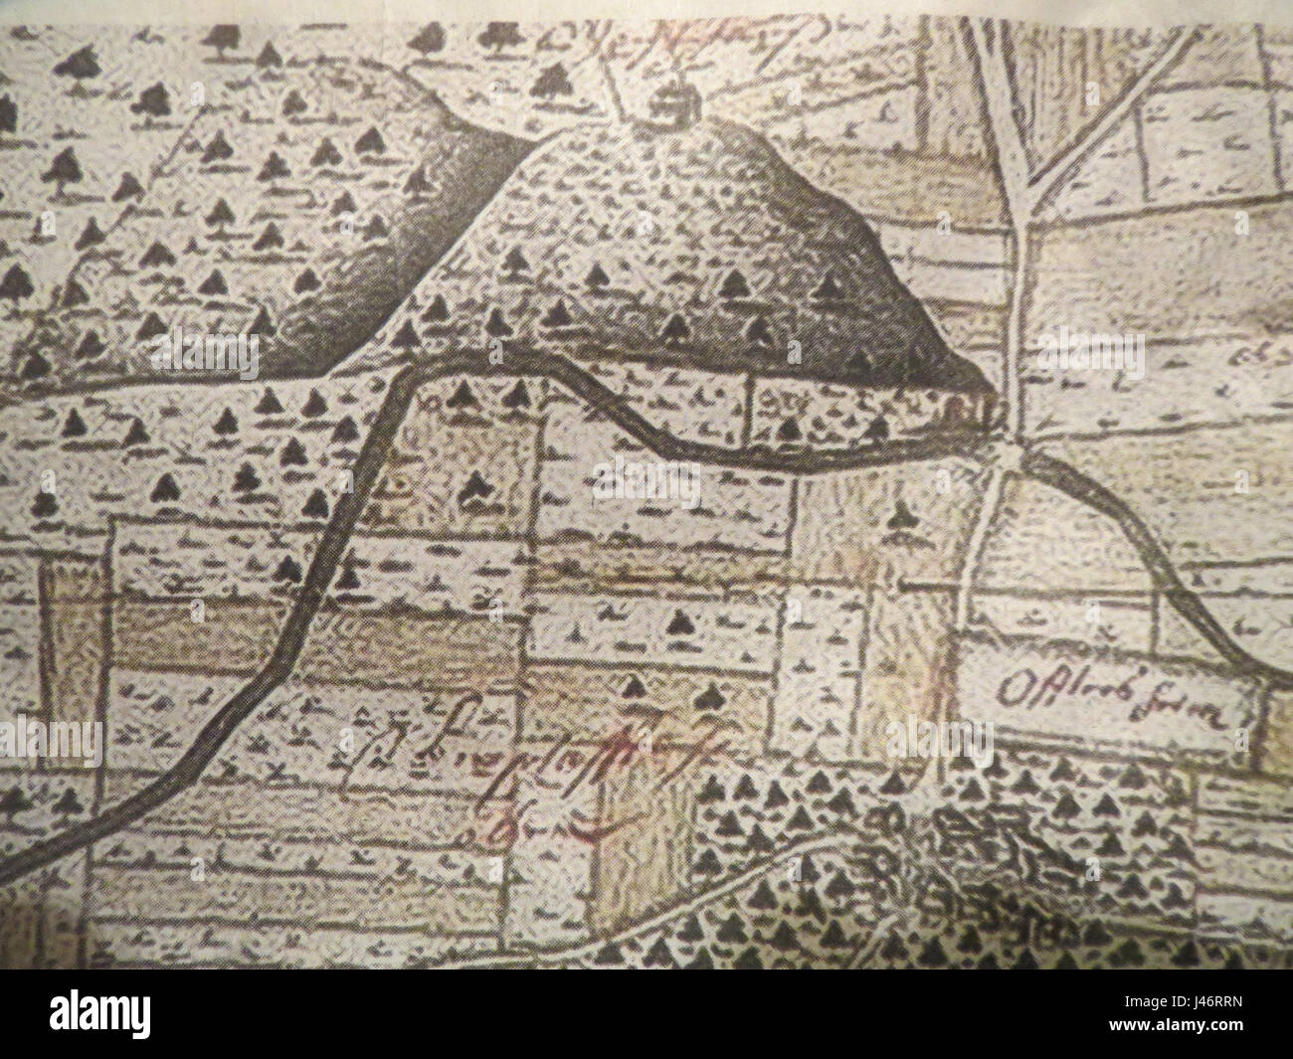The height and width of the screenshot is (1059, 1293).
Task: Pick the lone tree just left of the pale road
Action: click(x=901, y=514)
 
